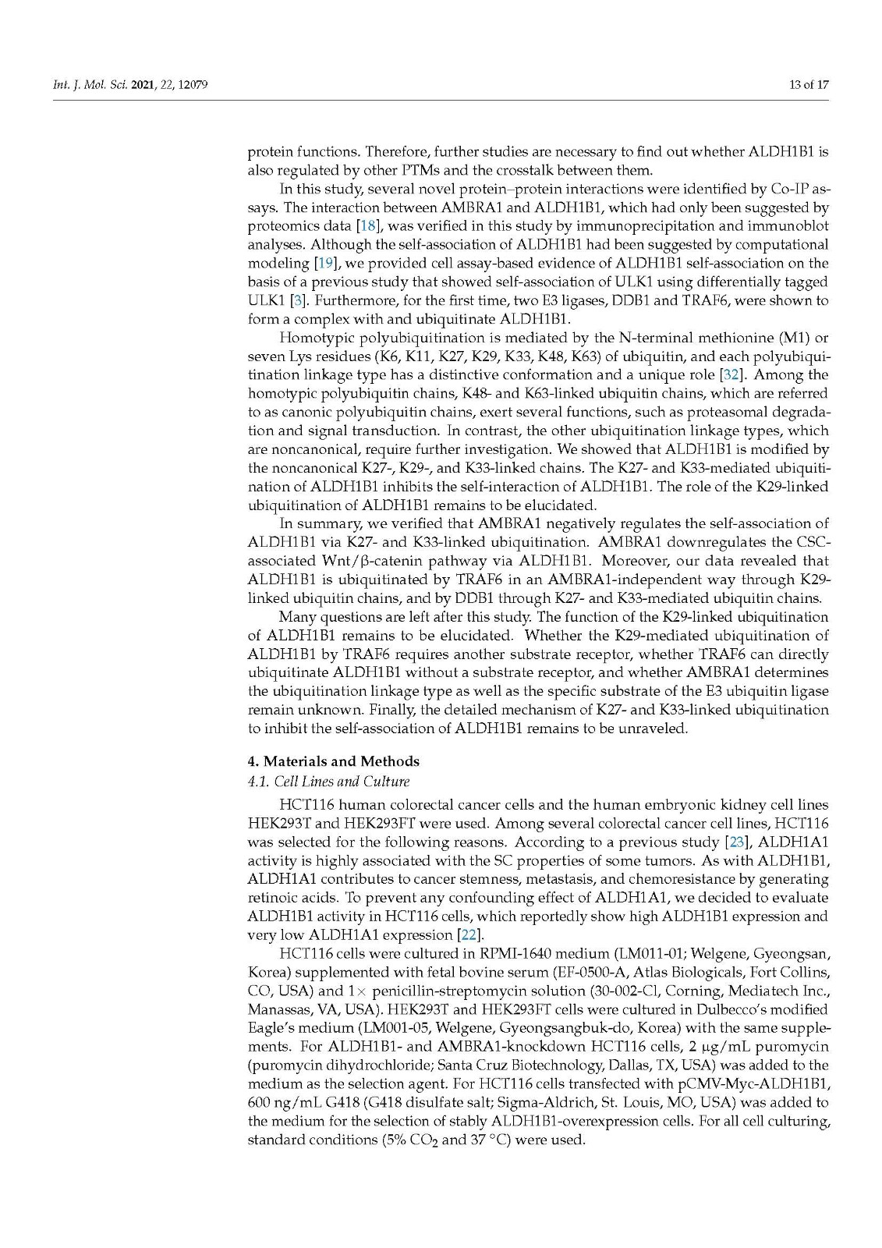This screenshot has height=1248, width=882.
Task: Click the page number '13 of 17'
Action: pyautogui.click(x=809, y=85)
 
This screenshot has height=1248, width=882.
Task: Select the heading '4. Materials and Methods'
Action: pyautogui.click(x=333, y=761)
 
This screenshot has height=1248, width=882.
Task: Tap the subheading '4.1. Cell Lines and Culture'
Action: pyautogui.click(x=328, y=781)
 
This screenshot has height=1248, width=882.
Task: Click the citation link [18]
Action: pyautogui.click(x=367, y=226)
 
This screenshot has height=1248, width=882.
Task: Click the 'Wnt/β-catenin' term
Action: pyautogui.click(x=366, y=561)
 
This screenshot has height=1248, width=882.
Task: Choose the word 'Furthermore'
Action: pyautogui.click(x=350, y=300)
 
